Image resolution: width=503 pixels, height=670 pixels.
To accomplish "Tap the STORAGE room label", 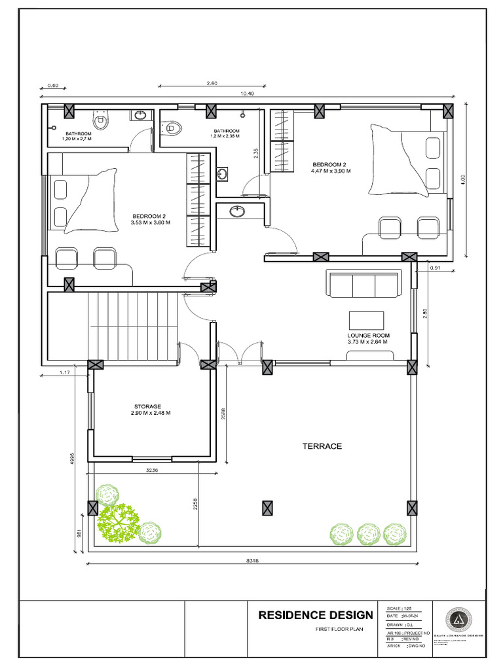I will [147, 406].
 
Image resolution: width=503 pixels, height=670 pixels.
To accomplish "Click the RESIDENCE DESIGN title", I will [316, 615].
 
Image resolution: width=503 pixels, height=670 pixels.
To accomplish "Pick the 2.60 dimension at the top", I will [212, 83].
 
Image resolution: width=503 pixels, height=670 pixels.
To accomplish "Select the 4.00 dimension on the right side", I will [462, 178].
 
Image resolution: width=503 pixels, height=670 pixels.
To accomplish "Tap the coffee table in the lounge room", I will [367, 319].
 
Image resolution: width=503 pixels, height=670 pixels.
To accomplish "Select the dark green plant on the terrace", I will [119, 522].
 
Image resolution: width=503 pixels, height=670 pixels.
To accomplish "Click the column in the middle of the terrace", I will [267, 508].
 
